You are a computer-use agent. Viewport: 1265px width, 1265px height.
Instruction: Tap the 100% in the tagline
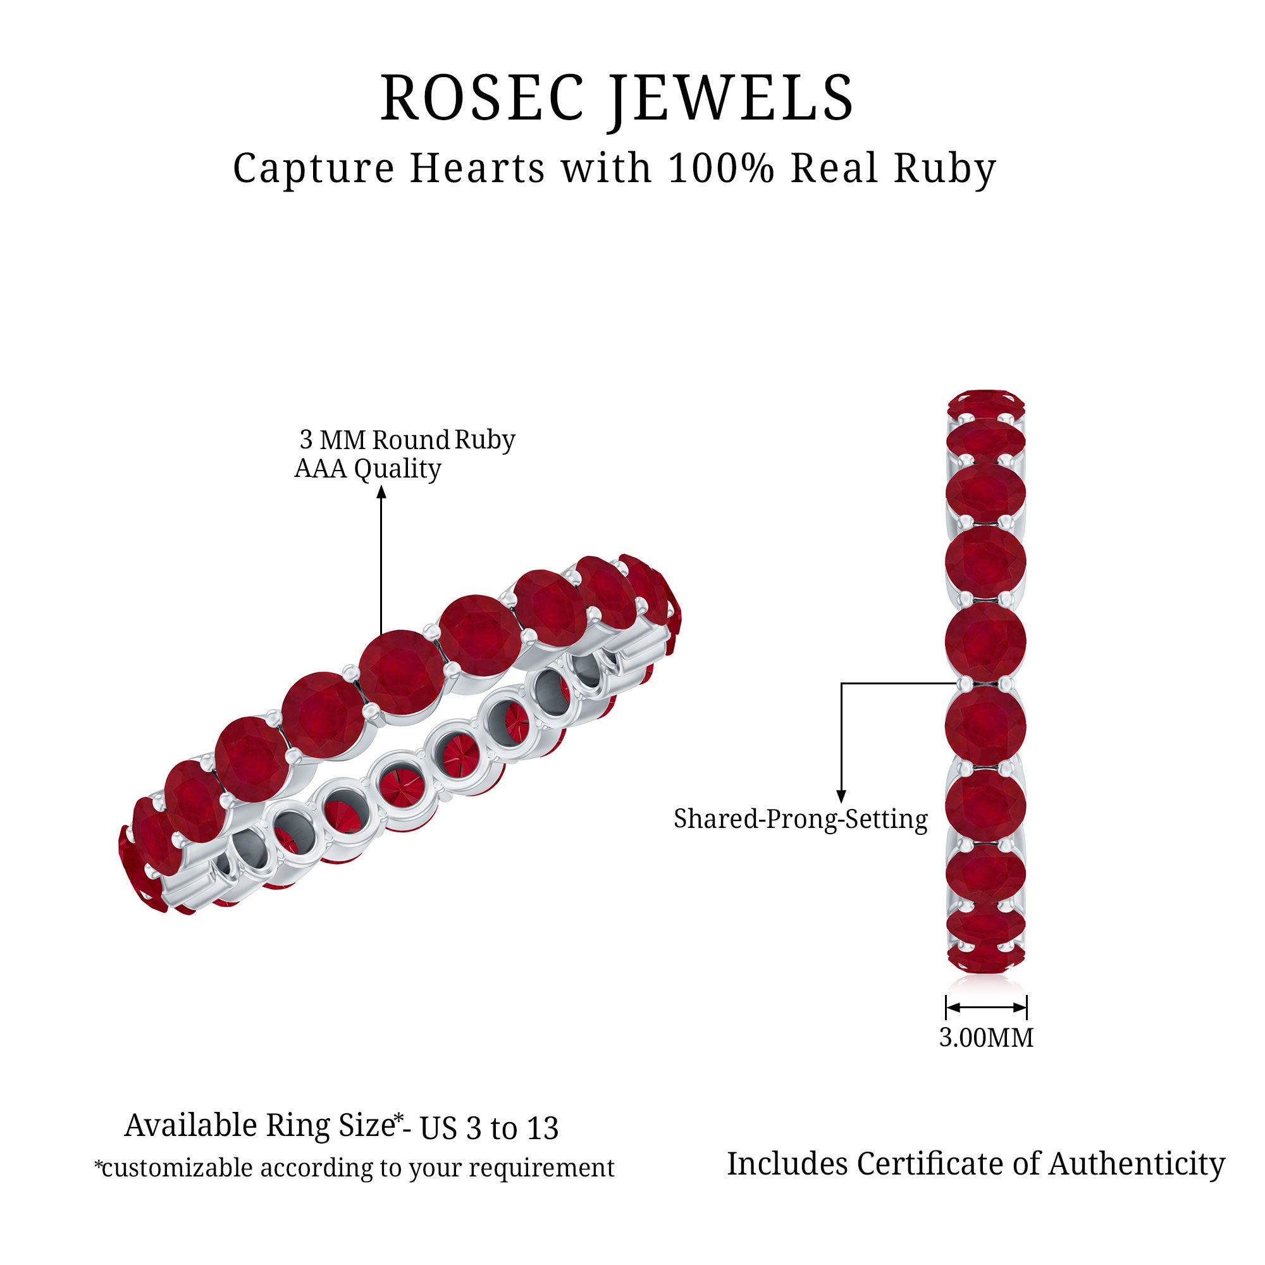point(721,168)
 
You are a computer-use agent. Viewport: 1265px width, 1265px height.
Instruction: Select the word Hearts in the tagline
point(478,168)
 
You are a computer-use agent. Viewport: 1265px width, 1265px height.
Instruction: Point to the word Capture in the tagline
point(314,170)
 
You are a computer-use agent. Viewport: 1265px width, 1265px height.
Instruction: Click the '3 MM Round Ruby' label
point(407,440)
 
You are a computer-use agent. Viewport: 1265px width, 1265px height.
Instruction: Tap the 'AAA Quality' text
point(368,469)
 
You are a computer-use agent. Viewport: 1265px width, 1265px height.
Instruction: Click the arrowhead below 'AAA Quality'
point(381,491)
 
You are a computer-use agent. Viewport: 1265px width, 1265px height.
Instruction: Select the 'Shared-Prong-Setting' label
point(800,819)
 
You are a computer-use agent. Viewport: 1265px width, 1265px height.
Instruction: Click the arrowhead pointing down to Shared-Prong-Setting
point(841,796)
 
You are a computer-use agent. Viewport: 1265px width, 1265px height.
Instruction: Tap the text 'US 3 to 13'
point(489,1128)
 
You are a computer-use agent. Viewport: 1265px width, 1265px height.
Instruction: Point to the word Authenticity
point(1137,1164)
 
